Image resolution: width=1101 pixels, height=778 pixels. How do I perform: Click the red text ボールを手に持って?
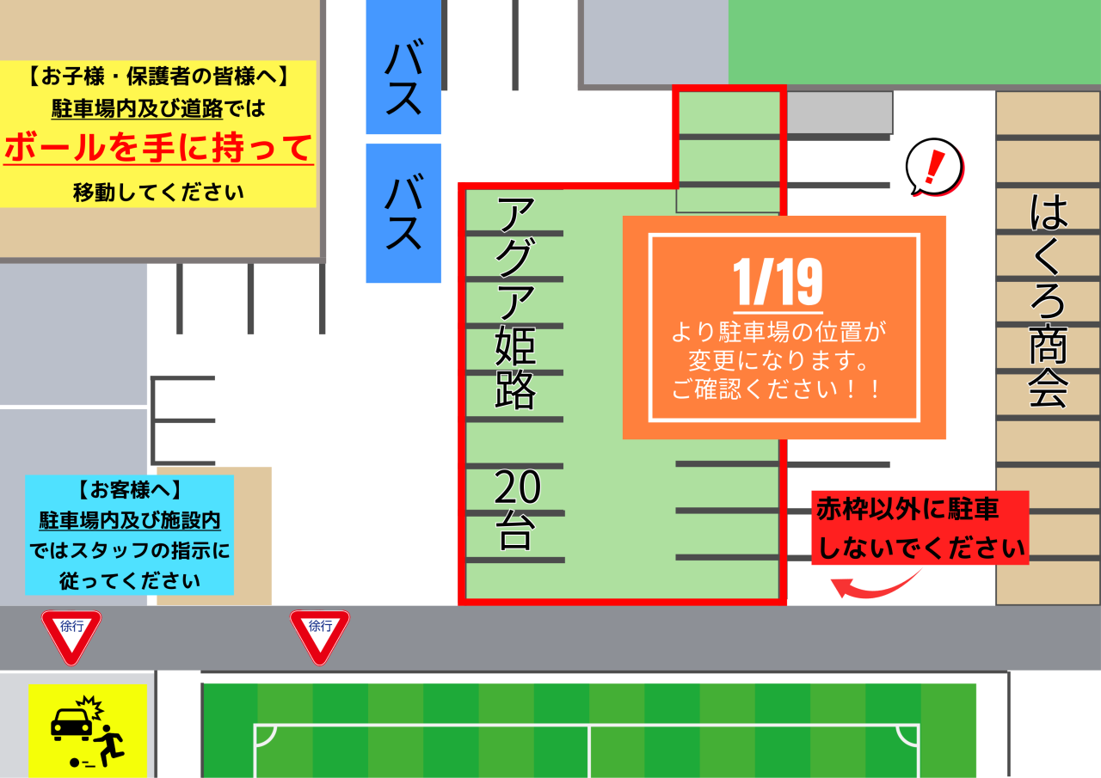tap(158, 148)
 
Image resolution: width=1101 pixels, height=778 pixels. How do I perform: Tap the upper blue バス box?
tap(403, 67)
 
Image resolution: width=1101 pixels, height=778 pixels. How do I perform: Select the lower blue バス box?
tap(403, 213)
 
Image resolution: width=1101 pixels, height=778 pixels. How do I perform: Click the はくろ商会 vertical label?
tap(1049, 301)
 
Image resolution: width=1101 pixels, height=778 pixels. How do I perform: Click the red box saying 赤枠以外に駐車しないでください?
tap(920, 528)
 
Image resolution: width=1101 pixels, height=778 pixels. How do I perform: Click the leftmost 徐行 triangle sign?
tap(71, 634)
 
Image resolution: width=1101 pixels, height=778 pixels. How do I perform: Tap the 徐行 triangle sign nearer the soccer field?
tap(320, 634)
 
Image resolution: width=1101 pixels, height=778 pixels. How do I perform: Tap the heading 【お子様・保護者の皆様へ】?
tap(158, 77)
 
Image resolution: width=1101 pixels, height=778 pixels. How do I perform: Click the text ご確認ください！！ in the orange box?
tap(778, 389)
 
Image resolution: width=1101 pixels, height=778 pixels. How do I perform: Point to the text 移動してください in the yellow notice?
tap(158, 192)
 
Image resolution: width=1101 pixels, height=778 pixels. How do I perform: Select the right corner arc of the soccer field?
tap(907, 735)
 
